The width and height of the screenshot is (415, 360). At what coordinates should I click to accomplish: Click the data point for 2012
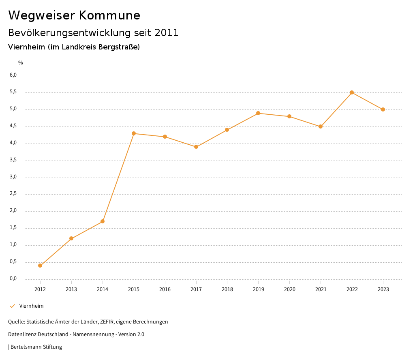[40, 266]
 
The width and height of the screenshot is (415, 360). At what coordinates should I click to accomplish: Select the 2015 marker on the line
[134, 133]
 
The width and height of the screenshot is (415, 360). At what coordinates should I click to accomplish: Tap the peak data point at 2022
[352, 92]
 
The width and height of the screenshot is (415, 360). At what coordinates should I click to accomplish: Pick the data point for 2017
[196, 147]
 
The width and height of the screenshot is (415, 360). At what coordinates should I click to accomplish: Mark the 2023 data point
[383, 109]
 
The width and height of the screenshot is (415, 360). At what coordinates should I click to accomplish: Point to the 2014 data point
[103, 221]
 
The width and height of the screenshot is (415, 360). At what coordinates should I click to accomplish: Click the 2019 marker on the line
[258, 113]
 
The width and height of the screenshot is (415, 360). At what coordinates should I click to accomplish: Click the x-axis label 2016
[165, 289]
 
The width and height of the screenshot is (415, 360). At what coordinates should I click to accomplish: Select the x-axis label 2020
[289, 289]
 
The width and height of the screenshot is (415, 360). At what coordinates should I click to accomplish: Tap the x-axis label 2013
[71, 289]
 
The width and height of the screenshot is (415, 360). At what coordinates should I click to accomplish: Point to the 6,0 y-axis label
[13, 75]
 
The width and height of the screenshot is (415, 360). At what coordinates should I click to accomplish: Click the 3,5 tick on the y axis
[13, 160]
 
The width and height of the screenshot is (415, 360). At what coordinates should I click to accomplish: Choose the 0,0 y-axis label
[13, 279]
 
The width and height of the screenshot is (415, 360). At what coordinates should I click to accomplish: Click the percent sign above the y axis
[21, 63]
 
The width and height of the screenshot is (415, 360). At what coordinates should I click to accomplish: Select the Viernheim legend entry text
[31, 306]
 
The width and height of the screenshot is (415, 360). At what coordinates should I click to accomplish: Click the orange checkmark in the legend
[12, 306]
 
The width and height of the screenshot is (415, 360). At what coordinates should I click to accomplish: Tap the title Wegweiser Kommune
[74, 15]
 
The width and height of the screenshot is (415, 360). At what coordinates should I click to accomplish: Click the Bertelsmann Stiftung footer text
[36, 347]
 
